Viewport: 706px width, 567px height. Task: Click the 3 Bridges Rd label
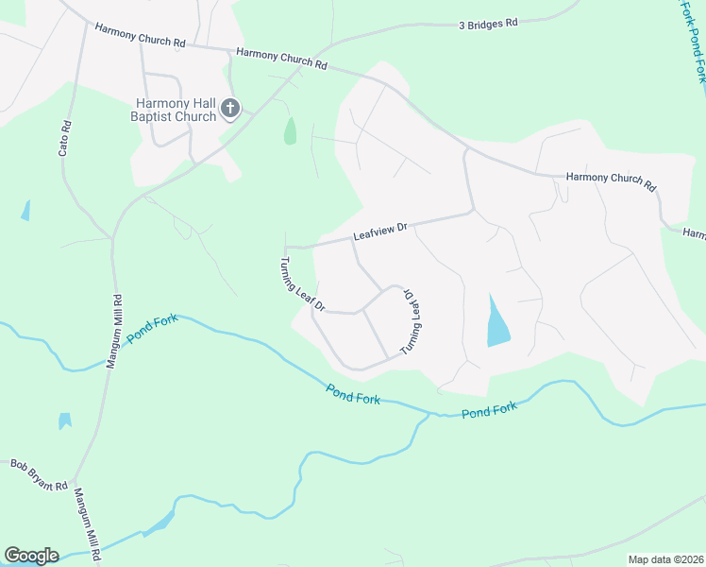pyautogui.click(x=489, y=25)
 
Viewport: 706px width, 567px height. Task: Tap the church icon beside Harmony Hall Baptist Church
pyautogui.click(x=229, y=111)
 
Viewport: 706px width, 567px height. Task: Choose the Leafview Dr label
pyautogui.click(x=379, y=232)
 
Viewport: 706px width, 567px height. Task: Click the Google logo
pyautogui.click(x=31, y=556)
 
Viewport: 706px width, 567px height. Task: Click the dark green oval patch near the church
pyautogui.click(x=291, y=130)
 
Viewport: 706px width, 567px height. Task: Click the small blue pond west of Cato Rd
pyautogui.click(x=25, y=211)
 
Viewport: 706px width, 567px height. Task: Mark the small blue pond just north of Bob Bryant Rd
pyautogui.click(x=64, y=421)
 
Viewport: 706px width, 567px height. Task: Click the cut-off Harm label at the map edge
pyautogui.click(x=694, y=232)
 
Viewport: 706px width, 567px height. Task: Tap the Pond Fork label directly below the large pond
pyautogui.click(x=491, y=410)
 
